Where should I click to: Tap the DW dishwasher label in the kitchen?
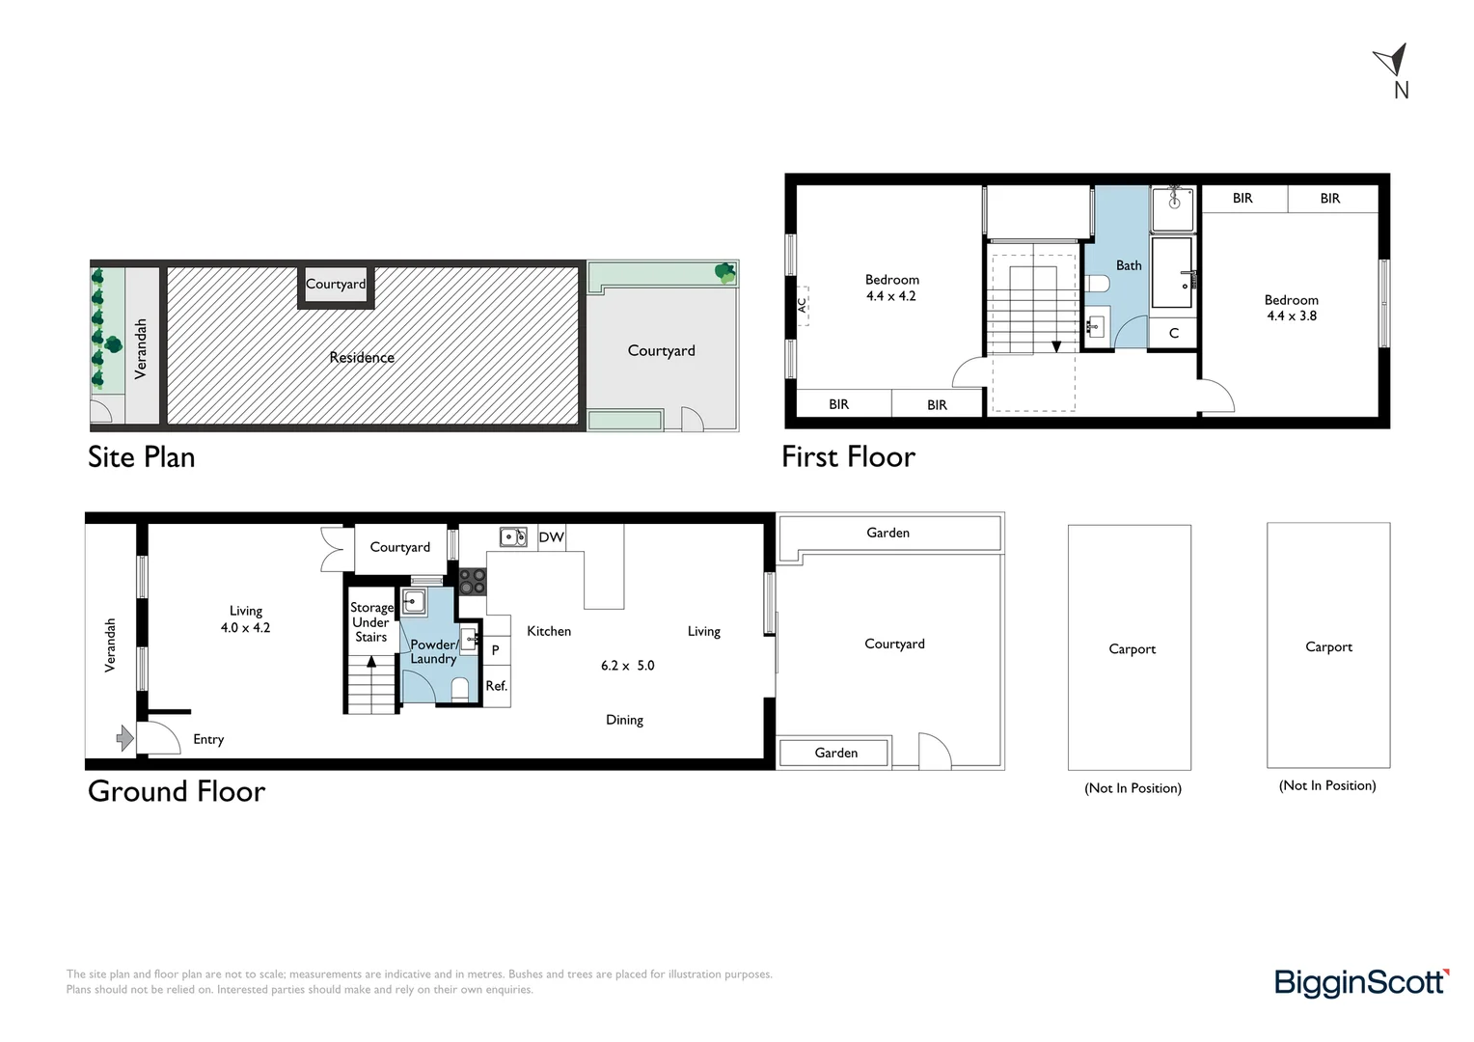pos(551,537)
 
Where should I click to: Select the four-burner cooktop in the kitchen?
pos(472,582)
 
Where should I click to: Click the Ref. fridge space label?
pos(496,686)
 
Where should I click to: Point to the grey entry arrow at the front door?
pos(125,738)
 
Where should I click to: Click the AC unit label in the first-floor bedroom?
pos(803,306)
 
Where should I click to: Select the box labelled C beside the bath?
pos(1173,333)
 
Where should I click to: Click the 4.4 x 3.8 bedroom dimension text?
pos(1292,315)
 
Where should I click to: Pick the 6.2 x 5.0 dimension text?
pos(628,666)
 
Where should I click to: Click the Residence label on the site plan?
pos(362,357)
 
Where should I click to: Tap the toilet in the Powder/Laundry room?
pos(460,689)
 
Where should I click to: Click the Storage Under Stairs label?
pos(371,622)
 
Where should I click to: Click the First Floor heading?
pos(848,456)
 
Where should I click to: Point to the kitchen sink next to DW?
pos(513,537)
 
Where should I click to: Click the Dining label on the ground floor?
pos(624,720)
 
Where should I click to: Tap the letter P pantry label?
pos(496,650)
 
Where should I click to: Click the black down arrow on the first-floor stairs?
pos(1056,346)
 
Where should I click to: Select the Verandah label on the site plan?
pos(140,349)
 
